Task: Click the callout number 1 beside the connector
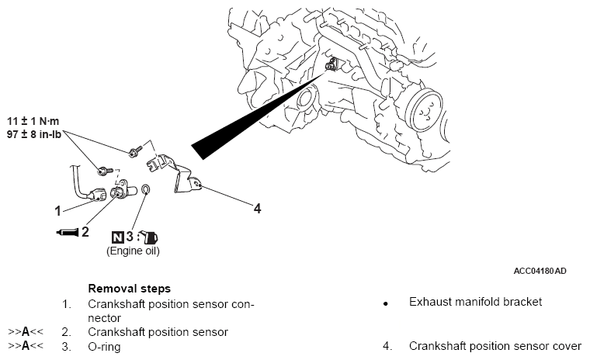pyautogui.click(x=57, y=209)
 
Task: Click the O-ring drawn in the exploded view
pyautogui.click(x=147, y=190)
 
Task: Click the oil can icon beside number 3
pyautogui.click(x=151, y=237)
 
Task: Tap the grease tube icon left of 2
pyautogui.click(x=66, y=232)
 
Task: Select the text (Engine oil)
pyautogui.click(x=133, y=251)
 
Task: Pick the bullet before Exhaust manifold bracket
pyautogui.click(x=385, y=303)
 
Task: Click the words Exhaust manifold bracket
pyautogui.click(x=475, y=302)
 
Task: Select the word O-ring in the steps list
pyautogui.click(x=104, y=347)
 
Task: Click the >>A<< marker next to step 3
pyautogui.click(x=26, y=347)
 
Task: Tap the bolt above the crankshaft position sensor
pyautogui.click(x=104, y=169)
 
